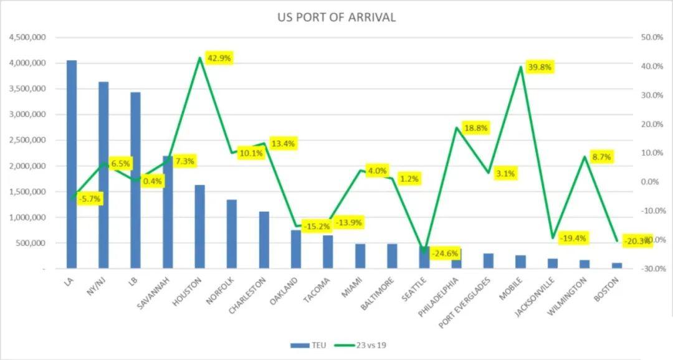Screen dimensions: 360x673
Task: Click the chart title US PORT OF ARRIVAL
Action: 336,17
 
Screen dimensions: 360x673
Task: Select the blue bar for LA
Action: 72,164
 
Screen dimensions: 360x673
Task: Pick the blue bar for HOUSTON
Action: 199,227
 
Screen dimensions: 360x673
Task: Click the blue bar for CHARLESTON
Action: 264,240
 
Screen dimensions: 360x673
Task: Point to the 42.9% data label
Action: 219,58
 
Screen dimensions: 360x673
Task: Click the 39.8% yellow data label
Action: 539,67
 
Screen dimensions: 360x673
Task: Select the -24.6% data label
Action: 446,253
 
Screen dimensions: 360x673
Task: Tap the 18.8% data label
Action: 475,128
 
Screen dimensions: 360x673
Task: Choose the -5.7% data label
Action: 90,199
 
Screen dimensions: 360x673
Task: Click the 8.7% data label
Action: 601,157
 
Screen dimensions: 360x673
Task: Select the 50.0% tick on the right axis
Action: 651,37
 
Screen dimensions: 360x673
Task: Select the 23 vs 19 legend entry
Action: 361,344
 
